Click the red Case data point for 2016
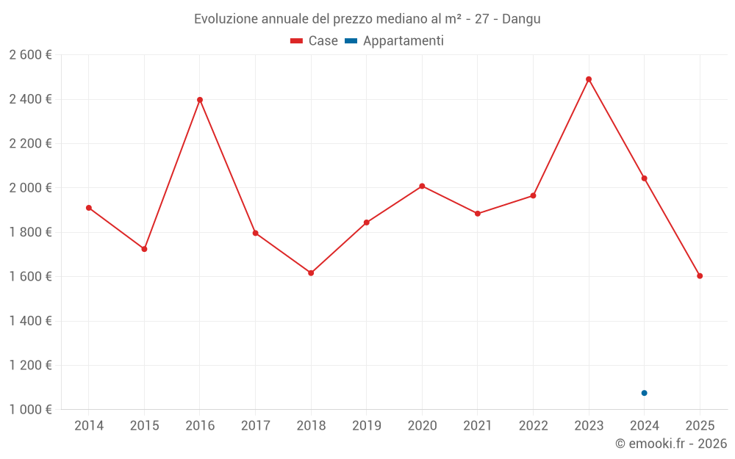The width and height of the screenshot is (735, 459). point(200,100)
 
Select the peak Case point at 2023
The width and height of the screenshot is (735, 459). point(589,79)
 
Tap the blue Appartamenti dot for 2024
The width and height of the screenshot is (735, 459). point(645,393)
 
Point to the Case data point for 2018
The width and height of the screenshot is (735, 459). point(311,273)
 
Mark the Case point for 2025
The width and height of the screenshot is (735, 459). point(700,276)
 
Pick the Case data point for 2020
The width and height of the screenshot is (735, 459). point(422,186)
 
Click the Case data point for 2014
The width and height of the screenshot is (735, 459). point(89,208)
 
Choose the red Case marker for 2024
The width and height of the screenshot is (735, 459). point(645,178)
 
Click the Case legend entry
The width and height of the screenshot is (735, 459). point(315,41)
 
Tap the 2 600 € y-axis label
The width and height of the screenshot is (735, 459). point(30,55)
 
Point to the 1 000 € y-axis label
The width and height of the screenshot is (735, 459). point(30,410)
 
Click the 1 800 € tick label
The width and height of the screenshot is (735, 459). point(30,232)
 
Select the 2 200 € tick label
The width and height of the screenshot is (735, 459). point(30,144)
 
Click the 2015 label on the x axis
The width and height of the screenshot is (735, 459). point(144,426)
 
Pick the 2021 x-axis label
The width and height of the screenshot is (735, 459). point(478,426)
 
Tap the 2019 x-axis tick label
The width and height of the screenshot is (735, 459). point(367,426)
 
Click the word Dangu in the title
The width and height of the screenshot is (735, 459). point(521,19)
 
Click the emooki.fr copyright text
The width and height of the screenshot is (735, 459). point(671,444)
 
